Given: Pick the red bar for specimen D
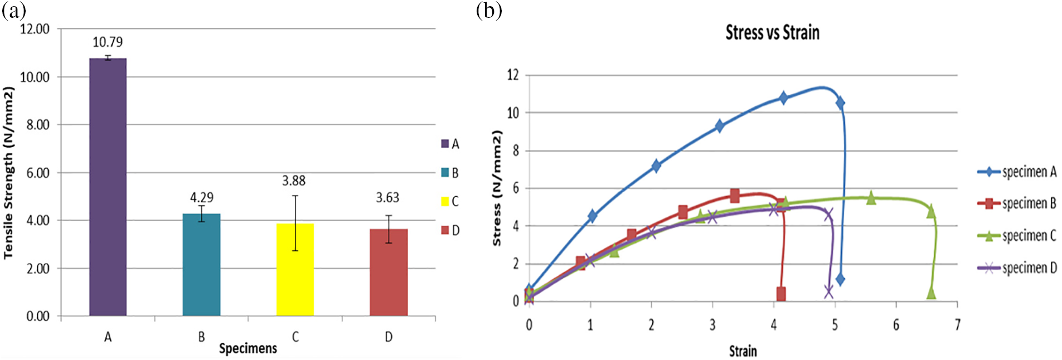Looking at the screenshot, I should click(389, 273).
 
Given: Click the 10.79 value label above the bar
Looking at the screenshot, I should click(108, 42).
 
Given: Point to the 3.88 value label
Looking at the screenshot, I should click(294, 181).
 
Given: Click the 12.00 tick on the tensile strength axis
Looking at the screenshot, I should click(35, 29).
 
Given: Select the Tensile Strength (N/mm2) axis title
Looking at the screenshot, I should click(8, 173).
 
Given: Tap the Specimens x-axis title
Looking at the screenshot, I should click(248, 349).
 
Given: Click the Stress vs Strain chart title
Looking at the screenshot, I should click(772, 33).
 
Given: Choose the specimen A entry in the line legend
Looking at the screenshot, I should click(1017, 172).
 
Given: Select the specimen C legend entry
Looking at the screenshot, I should click(1017, 236).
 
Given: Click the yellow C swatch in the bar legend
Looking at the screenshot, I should click(445, 201).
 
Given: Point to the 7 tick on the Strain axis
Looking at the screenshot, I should click(957, 325).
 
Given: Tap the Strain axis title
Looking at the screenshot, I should click(743, 351).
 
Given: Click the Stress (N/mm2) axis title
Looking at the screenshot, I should click(497, 188).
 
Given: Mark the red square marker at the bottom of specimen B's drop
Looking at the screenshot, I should click(781, 293).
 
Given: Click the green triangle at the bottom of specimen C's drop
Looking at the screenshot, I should click(931, 293).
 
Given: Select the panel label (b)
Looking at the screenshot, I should click(489, 10).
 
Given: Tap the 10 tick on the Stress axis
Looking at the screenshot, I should click(512, 113).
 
